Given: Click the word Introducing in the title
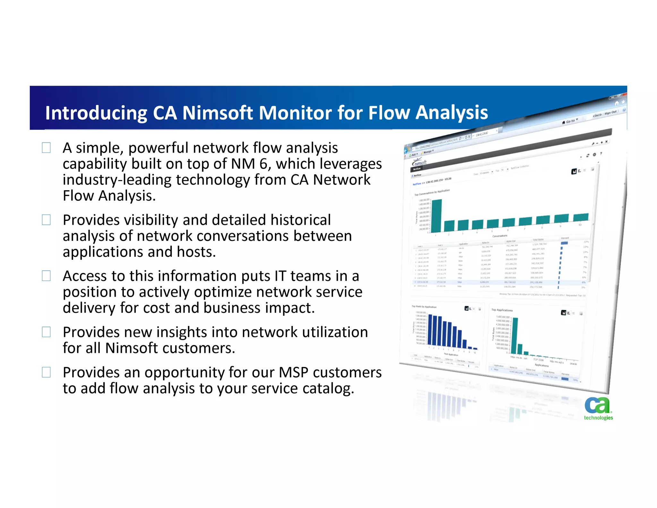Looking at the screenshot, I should [96, 113].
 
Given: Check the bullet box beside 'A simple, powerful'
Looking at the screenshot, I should [46, 148].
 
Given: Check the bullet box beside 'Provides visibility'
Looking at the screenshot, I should [46, 220].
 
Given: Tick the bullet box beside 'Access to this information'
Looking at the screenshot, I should [46, 276].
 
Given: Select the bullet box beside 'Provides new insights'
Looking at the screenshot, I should [46, 332].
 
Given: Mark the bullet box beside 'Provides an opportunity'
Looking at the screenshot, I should [46, 372].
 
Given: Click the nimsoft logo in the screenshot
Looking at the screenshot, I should [420, 163].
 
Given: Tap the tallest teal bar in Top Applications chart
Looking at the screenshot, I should [514, 336].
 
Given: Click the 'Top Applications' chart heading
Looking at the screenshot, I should [502, 310].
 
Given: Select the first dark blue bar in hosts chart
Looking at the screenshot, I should [431, 331].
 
